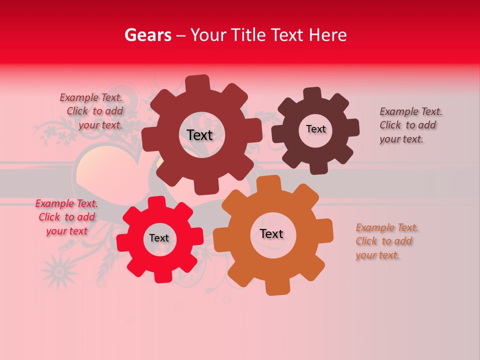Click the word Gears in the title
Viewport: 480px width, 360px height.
(147, 35)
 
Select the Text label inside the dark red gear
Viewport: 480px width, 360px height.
(199, 135)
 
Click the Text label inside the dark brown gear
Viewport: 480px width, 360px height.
(315, 129)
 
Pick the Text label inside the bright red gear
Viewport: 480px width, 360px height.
(159, 238)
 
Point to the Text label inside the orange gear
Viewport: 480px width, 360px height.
(271, 233)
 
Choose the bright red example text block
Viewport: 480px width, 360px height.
(66, 217)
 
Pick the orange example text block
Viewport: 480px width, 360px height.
(386, 241)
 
